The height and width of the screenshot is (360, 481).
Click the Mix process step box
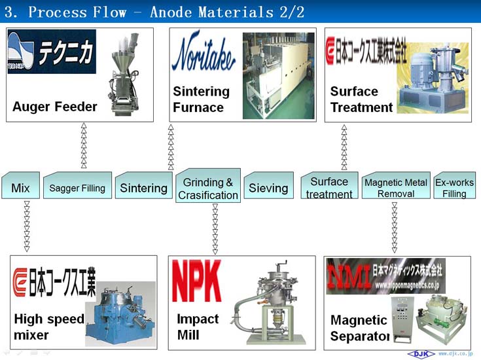click(x=21, y=188)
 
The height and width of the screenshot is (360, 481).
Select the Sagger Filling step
click(x=77, y=188)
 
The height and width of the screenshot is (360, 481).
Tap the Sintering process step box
click(x=143, y=188)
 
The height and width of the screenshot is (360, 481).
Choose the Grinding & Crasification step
click(x=208, y=189)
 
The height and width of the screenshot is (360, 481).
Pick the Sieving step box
click(x=268, y=188)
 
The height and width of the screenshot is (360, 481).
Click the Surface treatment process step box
click(x=329, y=188)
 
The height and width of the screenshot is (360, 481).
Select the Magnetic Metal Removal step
click(x=395, y=188)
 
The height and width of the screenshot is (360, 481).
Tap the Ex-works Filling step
click(x=454, y=188)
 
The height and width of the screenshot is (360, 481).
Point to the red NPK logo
click(x=196, y=281)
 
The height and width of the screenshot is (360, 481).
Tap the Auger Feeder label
click(x=55, y=107)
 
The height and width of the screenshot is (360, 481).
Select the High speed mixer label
click(x=49, y=327)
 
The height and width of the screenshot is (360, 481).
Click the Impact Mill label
click(x=198, y=327)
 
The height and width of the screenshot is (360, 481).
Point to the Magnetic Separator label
click(x=359, y=329)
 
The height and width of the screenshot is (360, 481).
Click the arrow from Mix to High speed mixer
click(x=27, y=226)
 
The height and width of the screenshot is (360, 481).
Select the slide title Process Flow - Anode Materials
click(x=154, y=12)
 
